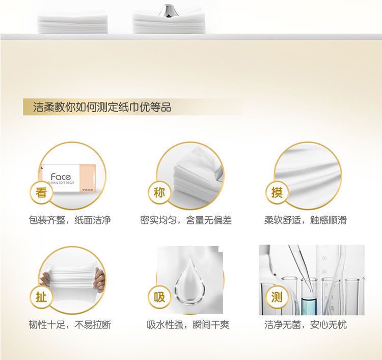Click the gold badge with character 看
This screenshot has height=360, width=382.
coord(41,193)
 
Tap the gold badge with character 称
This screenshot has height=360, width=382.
coord(159,193)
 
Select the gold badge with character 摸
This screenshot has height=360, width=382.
coord(277,193)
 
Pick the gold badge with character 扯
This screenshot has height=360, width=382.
coord(41,297)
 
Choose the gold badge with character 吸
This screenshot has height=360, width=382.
coord(159,297)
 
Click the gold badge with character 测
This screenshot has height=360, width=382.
coord(277,297)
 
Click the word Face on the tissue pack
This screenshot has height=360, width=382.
coord(61,176)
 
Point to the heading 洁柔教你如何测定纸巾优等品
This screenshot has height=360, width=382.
coord(102,107)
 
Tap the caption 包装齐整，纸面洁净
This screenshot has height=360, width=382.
coord(70,220)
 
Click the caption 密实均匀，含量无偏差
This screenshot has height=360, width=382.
coord(185,220)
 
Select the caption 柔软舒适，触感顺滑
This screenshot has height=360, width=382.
coord(305,220)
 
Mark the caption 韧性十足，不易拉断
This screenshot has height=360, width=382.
coord(70,325)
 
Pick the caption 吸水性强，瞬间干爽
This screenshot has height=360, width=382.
coord(188,325)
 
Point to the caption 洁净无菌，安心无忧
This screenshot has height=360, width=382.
coord(305,325)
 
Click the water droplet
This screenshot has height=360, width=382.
coord(189,281)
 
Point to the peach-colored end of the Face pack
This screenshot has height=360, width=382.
coord(88,177)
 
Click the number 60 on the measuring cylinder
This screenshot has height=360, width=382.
coord(324,258)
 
